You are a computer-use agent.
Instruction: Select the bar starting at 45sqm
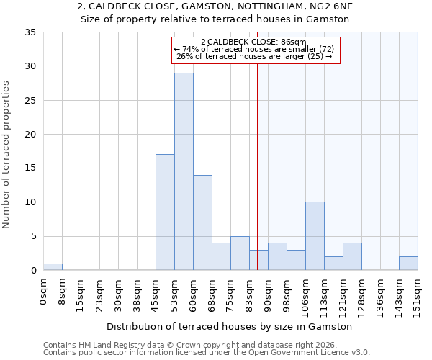coord(165,212)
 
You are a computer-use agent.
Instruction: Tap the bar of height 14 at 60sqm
coord(202,222)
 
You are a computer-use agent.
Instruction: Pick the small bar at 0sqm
coord(53,267)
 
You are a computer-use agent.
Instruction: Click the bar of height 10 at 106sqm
coord(315,236)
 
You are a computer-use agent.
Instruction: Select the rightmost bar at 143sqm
coord(408,264)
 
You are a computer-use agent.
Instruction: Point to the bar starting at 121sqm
coord(352,257)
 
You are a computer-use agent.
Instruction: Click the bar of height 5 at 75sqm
coord(240,253)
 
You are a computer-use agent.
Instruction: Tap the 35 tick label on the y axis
coord(30,32)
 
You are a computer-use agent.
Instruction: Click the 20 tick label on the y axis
coord(30,135)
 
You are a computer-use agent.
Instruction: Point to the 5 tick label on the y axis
coord(32,237)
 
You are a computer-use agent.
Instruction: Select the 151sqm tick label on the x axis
coord(418,296)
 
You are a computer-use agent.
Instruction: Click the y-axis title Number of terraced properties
coord(6,155)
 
